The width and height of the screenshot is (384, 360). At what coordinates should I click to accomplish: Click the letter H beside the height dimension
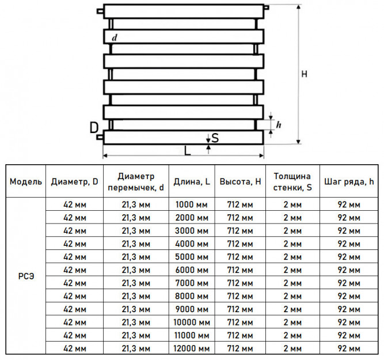(x=304, y=74)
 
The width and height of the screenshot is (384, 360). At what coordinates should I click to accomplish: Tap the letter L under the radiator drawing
(x=187, y=151)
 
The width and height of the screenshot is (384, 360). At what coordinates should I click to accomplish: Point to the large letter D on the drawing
(x=94, y=127)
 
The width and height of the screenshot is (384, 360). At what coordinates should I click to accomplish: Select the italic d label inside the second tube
(x=115, y=38)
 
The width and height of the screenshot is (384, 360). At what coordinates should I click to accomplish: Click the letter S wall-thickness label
(x=215, y=138)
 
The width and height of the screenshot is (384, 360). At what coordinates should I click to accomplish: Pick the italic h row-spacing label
(x=279, y=125)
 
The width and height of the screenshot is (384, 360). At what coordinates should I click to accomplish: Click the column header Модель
(x=26, y=181)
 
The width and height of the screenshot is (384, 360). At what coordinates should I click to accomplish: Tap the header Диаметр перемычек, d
(x=136, y=181)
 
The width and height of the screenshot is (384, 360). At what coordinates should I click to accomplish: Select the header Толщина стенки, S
(x=292, y=181)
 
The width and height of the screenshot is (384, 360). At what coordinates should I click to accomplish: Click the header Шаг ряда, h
(x=349, y=181)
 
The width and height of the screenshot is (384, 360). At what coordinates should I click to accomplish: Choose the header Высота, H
(x=240, y=181)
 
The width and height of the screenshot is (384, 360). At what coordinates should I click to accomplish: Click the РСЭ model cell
(x=26, y=276)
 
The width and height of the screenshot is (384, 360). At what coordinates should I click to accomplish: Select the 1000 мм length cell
(x=192, y=204)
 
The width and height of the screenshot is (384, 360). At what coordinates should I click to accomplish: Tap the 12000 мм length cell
(x=192, y=348)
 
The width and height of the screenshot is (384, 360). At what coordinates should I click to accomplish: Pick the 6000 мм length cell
(x=192, y=270)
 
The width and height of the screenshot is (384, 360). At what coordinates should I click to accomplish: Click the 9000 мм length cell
(x=192, y=309)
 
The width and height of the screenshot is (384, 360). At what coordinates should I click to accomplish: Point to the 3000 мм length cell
(x=192, y=230)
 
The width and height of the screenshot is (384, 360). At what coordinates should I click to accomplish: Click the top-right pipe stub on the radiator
(x=267, y=7)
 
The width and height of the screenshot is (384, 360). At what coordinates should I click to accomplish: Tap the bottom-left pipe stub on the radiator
(x=100, y=137)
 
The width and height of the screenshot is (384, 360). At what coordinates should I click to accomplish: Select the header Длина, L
(x=192, y=181)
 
